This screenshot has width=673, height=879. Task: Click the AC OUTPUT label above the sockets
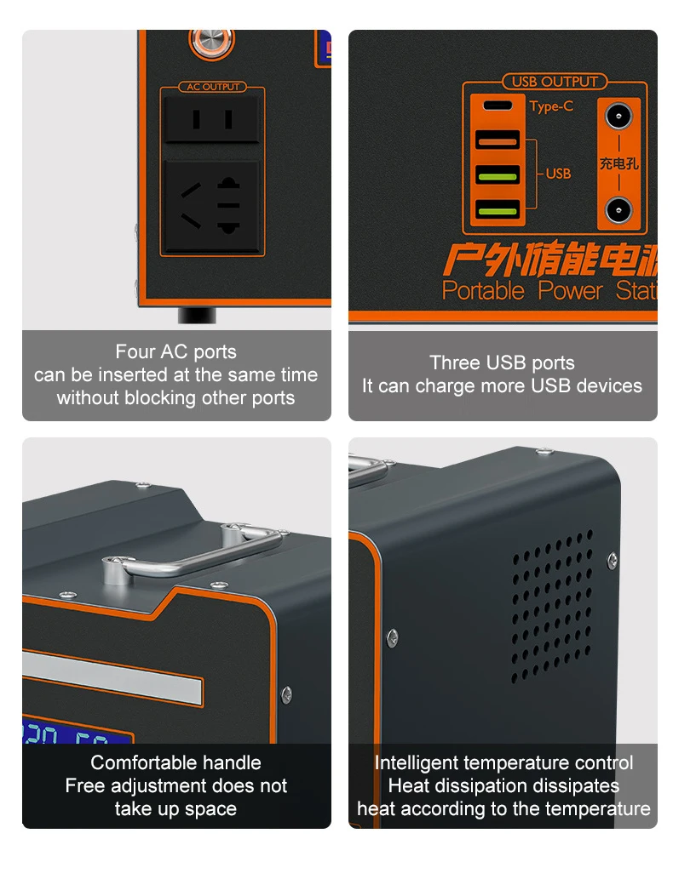click(x=212, y=87)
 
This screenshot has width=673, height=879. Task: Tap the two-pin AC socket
click(x=212, y=118)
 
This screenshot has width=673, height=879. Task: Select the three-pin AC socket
click(x=212, y=207)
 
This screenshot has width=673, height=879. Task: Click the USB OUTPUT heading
click(x=554, y=82)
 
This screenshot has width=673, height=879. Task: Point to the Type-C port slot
click(x=498, y=106)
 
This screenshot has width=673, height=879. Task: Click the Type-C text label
click(x=551, y=106)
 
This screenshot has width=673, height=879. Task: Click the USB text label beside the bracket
click(x=558, y=174)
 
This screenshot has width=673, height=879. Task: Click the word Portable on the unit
click(x=483, y=291)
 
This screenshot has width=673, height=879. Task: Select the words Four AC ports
click(x=175, y=352)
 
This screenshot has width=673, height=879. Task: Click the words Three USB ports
click(x=502, y=363)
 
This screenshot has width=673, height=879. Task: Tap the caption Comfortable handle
click(x=175, y=762)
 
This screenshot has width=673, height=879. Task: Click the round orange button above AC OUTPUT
click(x=204, y=40)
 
